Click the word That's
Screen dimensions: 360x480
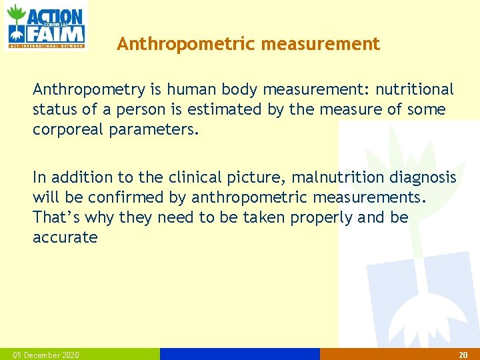point(55,217)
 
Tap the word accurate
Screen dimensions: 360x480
point(65,237)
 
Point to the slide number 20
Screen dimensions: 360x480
point(463,355)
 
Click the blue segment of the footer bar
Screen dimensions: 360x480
point(240,354)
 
